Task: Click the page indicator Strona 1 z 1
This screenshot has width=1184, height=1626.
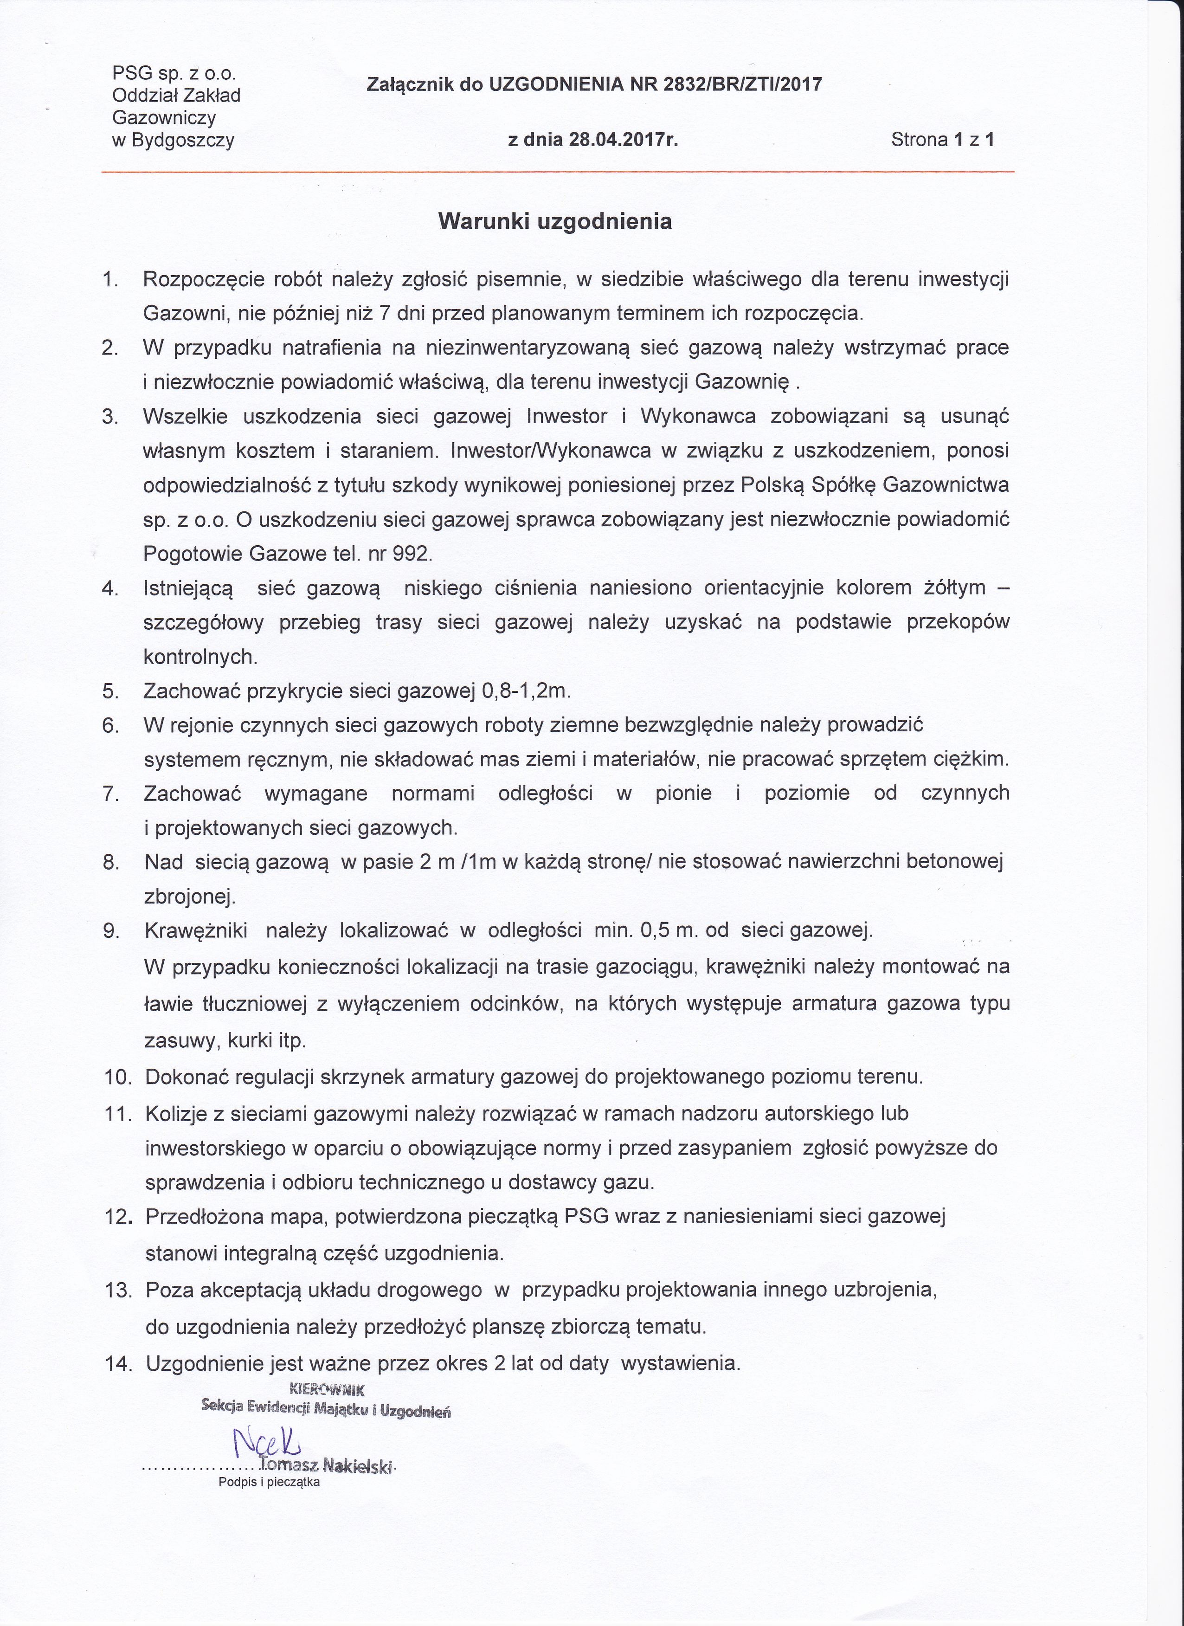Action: (x=942, y=140)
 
